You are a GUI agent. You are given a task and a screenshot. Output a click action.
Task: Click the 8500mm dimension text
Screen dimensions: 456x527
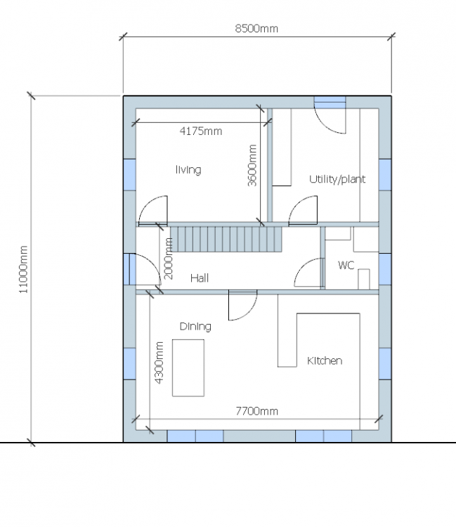256,29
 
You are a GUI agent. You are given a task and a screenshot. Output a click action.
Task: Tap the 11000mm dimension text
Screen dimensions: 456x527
23,270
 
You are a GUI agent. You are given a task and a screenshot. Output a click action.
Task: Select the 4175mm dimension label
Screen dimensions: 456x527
201,131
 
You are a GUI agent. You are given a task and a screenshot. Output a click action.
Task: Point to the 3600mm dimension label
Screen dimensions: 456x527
252,165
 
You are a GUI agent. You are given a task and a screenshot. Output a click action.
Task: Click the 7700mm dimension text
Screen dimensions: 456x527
256,411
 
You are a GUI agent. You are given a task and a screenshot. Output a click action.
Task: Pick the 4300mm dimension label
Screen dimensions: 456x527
159,363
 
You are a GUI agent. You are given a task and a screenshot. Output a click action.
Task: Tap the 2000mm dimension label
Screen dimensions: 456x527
169,259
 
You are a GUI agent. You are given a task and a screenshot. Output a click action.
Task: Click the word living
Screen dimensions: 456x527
188,170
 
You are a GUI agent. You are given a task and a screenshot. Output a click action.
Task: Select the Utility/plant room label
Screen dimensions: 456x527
337,179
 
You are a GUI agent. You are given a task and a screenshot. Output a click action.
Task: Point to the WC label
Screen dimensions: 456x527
346,265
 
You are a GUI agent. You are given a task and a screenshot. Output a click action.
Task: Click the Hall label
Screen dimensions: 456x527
200,278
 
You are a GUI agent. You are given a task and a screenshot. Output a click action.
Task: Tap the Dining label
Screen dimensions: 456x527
195,326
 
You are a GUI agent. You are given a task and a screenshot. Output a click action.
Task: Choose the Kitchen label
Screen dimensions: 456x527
325,360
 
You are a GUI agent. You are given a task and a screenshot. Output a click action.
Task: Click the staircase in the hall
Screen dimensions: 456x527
226,239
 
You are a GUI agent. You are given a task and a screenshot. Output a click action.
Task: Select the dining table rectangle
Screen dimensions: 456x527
188,368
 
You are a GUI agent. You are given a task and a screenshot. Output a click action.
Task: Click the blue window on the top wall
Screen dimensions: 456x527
330,102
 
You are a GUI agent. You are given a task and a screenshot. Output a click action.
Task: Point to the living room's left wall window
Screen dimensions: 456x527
130,175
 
